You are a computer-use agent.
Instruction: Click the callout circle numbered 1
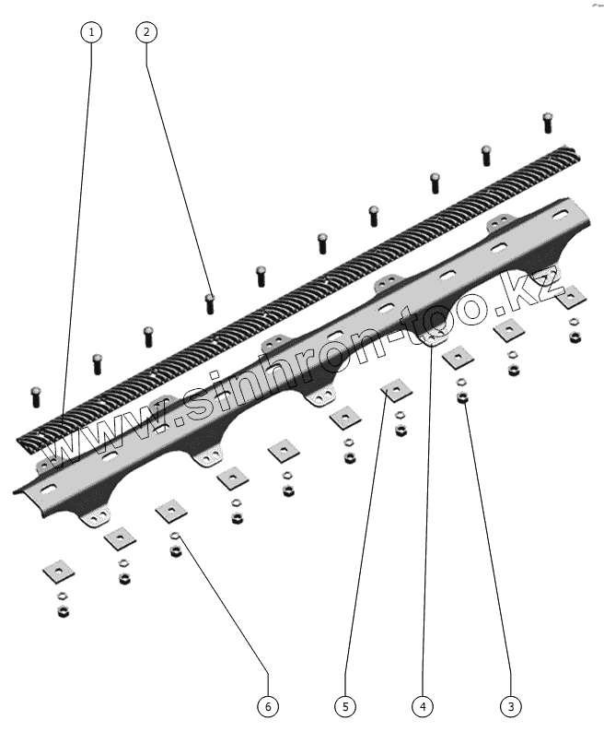tap(90, 32)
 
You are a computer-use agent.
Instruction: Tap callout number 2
tap(145, 32)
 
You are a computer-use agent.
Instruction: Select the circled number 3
tap(510, 706)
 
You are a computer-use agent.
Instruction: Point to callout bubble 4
tap(422, 706)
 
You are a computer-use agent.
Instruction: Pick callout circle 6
tap(267, 706)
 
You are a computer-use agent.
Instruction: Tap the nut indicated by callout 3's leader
tap(462, 397)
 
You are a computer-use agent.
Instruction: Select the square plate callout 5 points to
tap(397, 391)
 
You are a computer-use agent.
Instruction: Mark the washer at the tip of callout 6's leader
tap(175, 537)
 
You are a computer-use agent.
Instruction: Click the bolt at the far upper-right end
tap(548, 120)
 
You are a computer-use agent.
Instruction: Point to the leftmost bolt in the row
tap(37, 396)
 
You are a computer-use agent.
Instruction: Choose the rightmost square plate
tap(570, 295)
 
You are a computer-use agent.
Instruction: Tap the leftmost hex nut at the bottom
tap(64, 611)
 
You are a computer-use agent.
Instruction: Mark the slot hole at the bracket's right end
tap(558, 216)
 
